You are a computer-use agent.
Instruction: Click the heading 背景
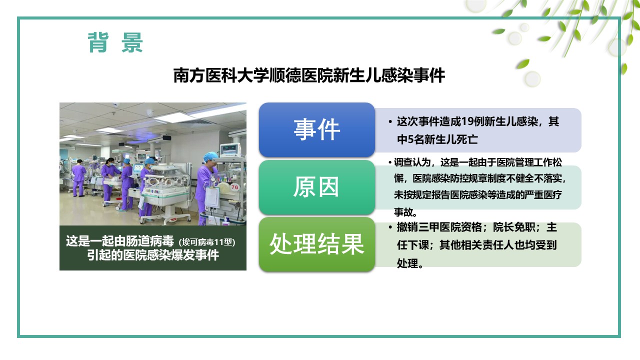point(115,42)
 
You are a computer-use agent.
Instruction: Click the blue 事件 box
point(317,129)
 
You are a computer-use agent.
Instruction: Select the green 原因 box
point(317,187)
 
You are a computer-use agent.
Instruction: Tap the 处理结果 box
point(317,244)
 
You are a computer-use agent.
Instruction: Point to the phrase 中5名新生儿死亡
point(437,139)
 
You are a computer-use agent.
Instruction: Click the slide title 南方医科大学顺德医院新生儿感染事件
point(309,75)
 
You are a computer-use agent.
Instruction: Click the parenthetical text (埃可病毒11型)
point(207,242)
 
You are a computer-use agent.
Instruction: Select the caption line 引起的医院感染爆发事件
point(153,255)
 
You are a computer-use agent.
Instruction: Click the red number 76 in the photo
point(234,187)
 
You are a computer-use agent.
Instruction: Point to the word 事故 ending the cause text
point(403,212)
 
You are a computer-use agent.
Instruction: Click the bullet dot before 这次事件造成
point(390,122)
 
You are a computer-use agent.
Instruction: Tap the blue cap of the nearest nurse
point(210,156)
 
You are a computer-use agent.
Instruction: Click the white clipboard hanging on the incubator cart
point(212,197)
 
